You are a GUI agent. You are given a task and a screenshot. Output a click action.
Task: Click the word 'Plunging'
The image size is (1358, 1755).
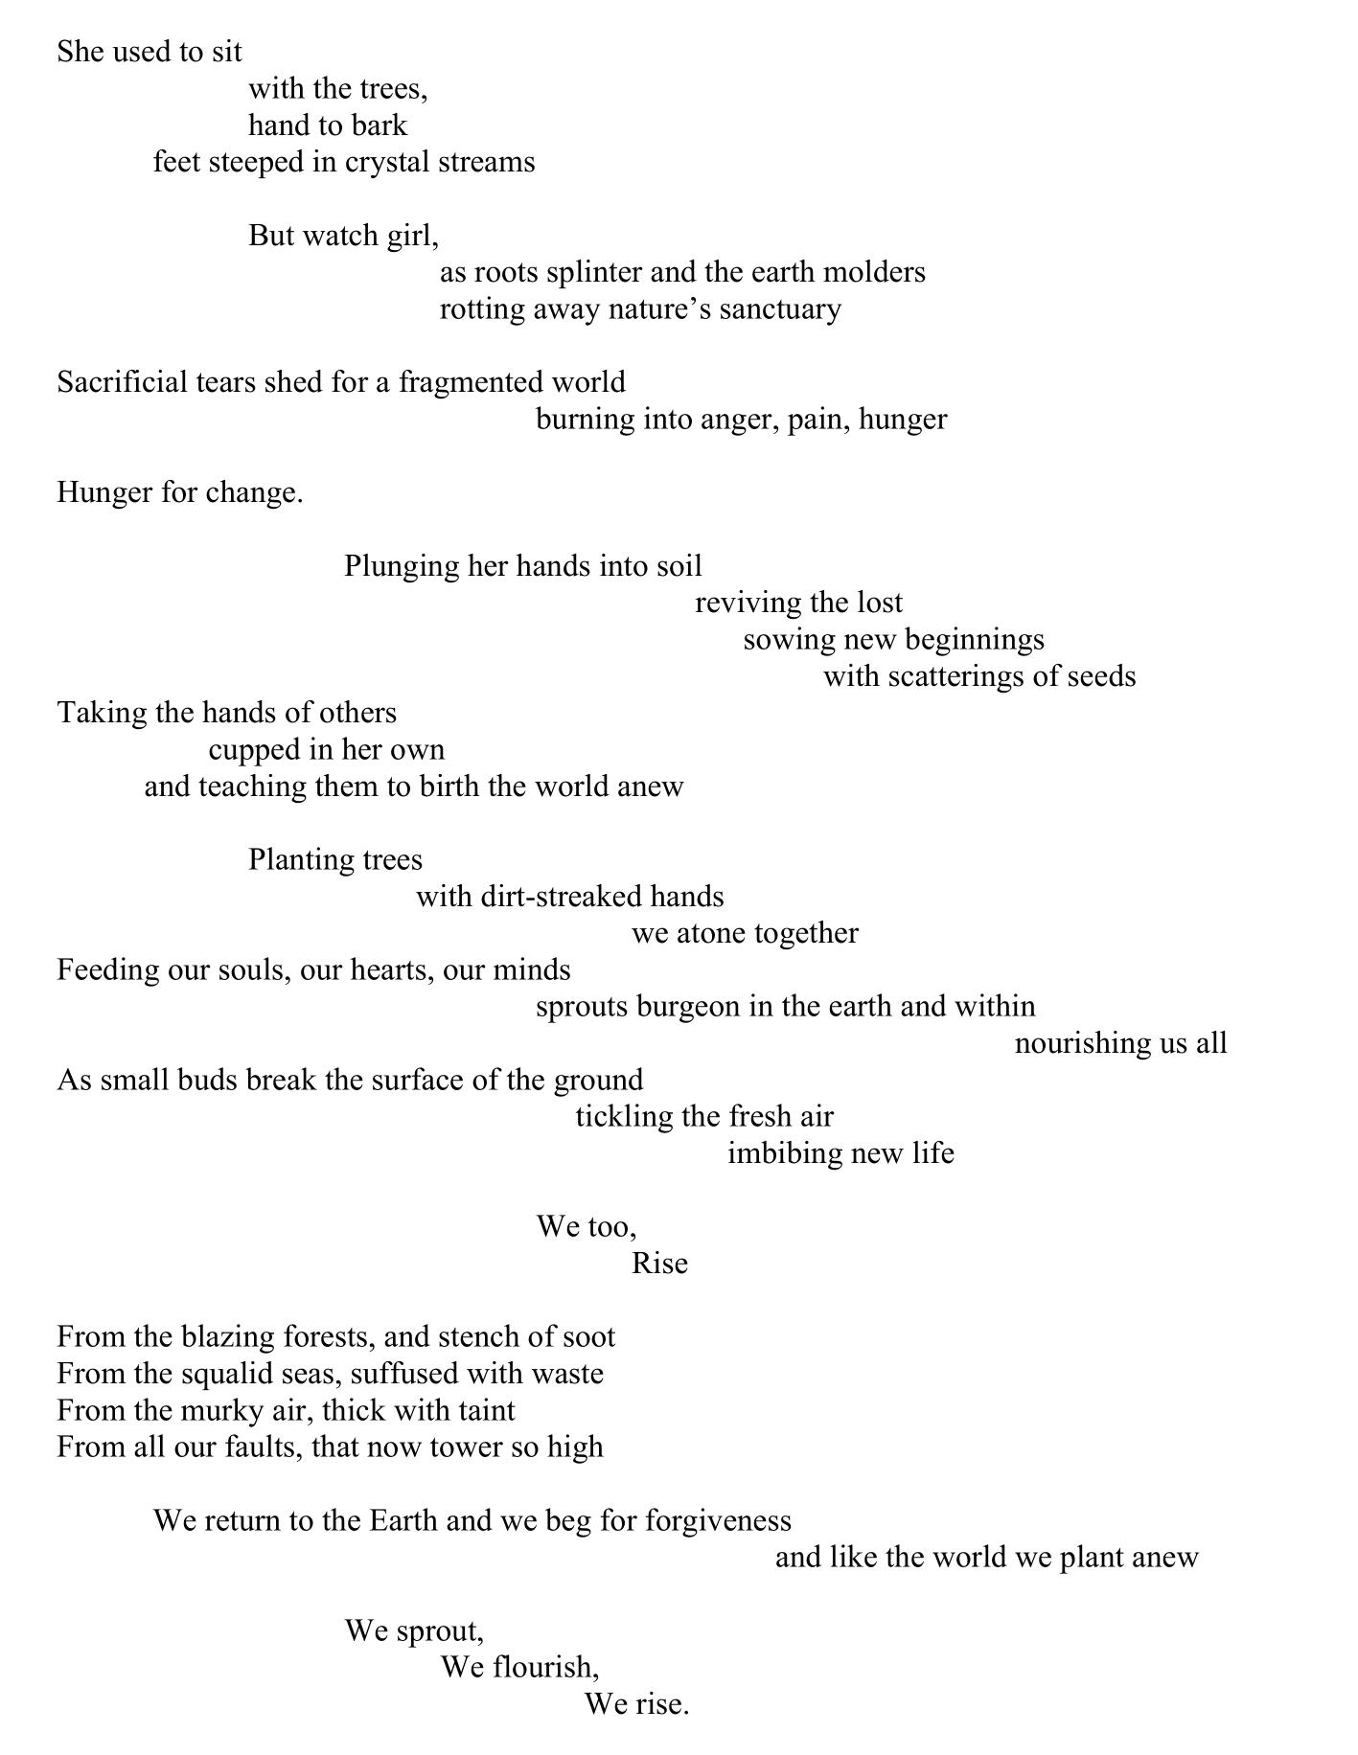[x=402, y=567]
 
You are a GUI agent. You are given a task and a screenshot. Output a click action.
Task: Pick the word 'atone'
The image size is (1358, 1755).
[x=711, y=933]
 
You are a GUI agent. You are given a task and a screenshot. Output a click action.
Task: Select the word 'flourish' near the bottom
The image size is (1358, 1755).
[x=542, y=1668]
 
